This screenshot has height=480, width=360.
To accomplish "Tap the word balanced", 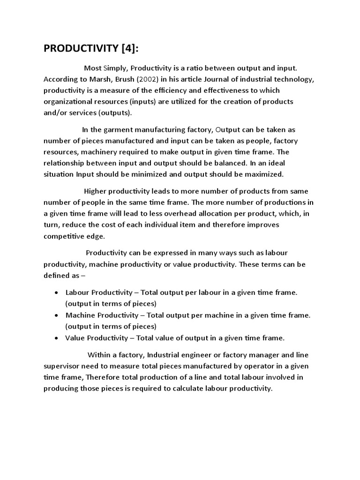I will [x=214, y=164].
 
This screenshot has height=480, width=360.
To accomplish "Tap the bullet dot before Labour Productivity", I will [x=56, y=292].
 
